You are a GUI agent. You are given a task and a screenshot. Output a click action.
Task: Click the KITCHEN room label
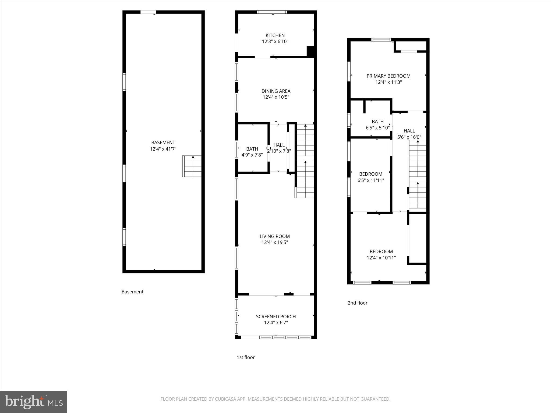pos(275,35)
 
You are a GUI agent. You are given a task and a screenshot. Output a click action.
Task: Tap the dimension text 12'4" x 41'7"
pos(163,149)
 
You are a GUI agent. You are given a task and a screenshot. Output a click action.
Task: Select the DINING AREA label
pos(276,91)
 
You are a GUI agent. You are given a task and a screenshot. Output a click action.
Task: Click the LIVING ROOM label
pos(274,236)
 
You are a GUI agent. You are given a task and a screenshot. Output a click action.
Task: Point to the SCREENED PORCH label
pos(276,316)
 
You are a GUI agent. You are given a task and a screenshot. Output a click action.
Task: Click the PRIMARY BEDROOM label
pos(388,76)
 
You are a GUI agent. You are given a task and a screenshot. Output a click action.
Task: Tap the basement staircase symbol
pos(192,166)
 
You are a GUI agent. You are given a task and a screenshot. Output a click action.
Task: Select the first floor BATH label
pos(252,149)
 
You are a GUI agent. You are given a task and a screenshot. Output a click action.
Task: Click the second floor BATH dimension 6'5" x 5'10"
pos(377,128)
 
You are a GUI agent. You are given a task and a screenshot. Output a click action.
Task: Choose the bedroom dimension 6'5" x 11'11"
pos(370,180)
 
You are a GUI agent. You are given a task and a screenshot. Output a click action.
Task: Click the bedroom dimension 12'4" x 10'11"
pos(381,258)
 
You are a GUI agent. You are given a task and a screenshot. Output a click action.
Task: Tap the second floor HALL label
pos(409,131)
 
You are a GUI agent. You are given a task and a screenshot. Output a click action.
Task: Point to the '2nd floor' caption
pos(357,303)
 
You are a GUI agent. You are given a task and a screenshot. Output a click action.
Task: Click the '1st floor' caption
pos(245,357)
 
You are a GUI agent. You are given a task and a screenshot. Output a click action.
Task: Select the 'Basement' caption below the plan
pos(132,292)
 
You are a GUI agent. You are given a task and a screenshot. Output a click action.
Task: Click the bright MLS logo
pos(33,402)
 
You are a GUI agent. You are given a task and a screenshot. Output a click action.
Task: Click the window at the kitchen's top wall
pos(272,12)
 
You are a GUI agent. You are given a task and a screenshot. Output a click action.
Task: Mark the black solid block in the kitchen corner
pos(310,51)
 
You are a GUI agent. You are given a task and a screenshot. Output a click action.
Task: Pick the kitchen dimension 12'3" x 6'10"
pos(275,41)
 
